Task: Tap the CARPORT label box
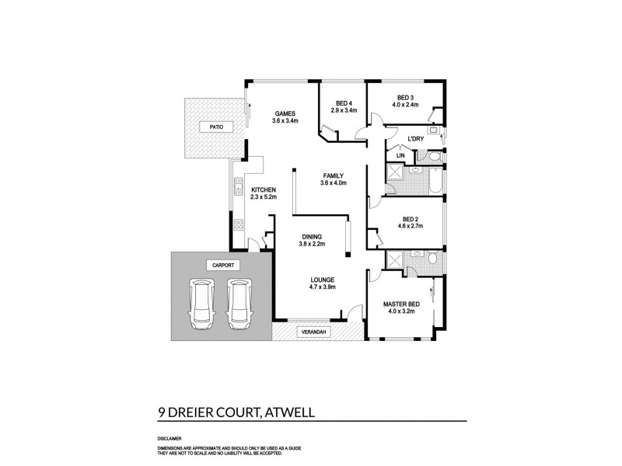[222, 265]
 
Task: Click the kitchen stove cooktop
[238, 226]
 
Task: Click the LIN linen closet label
[400, 156]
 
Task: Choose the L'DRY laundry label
[414, 140]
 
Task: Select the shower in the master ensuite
[395, 260]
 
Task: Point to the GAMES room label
[285, 113]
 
